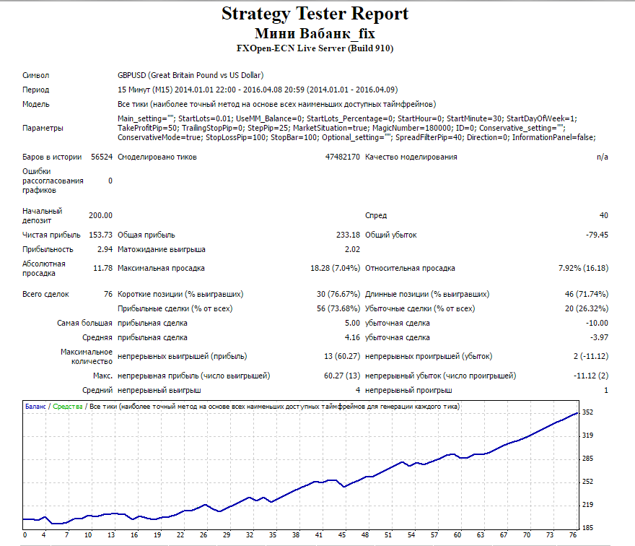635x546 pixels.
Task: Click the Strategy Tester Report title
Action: click(x=315, y=14)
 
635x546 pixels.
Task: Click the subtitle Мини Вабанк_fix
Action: click(x=315, y=33)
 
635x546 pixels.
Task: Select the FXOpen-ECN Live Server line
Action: click(x=315, y=48)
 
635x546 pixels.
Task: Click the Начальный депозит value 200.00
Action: click(x=100, y=216)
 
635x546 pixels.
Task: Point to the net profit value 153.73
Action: click(x=100, y=235)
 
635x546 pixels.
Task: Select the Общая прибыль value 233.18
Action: click(x=348, y=235)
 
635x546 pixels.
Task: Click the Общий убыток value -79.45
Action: click(x=597, y=235)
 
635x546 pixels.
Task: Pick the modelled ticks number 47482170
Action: click(x=342, y=157)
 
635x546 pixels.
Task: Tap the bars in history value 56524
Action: click(x=102, y=157)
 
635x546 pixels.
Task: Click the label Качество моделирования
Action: click(x=411, y=157)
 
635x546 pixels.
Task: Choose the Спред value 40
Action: click(x=604, y=216)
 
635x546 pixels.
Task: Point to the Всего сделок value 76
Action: click(x=108, y=294)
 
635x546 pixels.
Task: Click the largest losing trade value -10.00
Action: click(x=597, y=323)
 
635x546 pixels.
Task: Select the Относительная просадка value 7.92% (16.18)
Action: click(x=583, y=269)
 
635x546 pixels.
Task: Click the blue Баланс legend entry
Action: click(x=35, y=407)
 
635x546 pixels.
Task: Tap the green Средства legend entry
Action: click(x=68, y=407)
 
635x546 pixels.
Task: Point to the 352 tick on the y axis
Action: click(x=587, y=412)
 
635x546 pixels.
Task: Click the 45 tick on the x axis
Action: click(x=342, y=535)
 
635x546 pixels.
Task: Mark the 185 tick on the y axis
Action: click(x=587, y=528)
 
